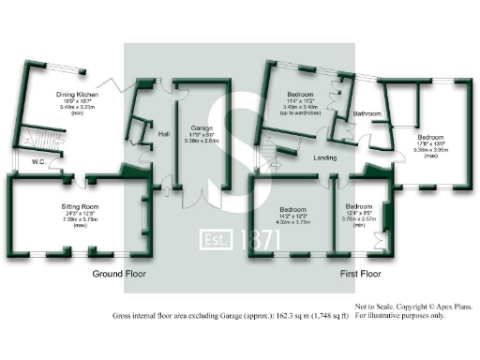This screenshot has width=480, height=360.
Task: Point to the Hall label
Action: pos(163,132)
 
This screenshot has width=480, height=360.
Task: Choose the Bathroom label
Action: pos(366,115)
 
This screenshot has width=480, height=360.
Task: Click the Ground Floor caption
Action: pos(118,275)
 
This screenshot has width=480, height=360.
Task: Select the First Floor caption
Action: pos(364,275)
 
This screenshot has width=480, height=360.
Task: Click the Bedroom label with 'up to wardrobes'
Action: pos(302,97)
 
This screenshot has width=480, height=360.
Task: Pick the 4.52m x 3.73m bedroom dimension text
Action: pos(294,222)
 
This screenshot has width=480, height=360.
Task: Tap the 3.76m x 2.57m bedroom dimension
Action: pos(358,222)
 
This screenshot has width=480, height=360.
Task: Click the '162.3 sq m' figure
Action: pos(287,317)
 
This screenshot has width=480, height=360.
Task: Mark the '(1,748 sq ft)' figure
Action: pos(327,317)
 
